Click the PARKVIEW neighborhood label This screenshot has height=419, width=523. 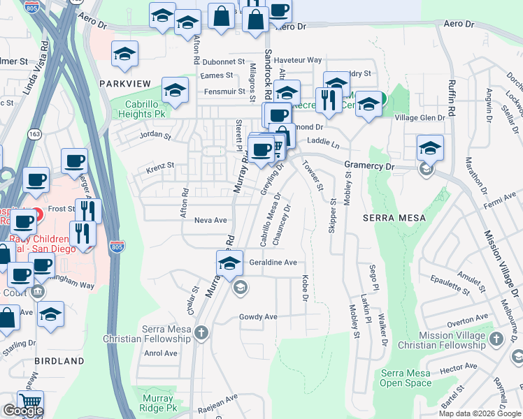click(x=124, y=83)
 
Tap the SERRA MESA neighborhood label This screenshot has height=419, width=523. click(x=394, y=218)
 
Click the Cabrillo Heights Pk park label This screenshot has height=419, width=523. click(x=140, y=108)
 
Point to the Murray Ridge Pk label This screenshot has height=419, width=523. click(x=157, y=403)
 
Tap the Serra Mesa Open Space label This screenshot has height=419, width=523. click(x=406, y=378)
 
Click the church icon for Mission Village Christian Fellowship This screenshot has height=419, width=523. click(x=496, y=339)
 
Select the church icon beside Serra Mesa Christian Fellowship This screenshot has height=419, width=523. click(x=201, y=332)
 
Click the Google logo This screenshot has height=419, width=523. click(x=23, y=411)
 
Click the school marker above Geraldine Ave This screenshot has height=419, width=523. click(x=229, y=263)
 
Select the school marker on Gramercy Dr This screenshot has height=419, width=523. click(x=430, y=147)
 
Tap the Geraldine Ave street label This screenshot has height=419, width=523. click(x=273, y=263)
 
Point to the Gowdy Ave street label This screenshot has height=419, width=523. click(x=258, y=316)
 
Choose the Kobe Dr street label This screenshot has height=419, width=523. click(x=305, y=288)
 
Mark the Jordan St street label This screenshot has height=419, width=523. click(x=155, y=135)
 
